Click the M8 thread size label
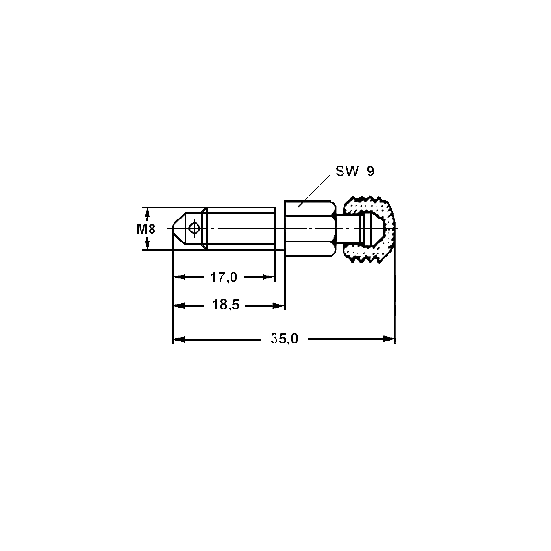[145, 230]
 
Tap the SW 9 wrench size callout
[354, 172]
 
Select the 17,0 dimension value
[224, 277]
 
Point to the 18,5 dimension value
[225, 305]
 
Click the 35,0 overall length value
[285, 338]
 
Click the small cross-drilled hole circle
[195, 229]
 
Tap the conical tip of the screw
[178, 229]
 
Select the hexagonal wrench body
[309, 229]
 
